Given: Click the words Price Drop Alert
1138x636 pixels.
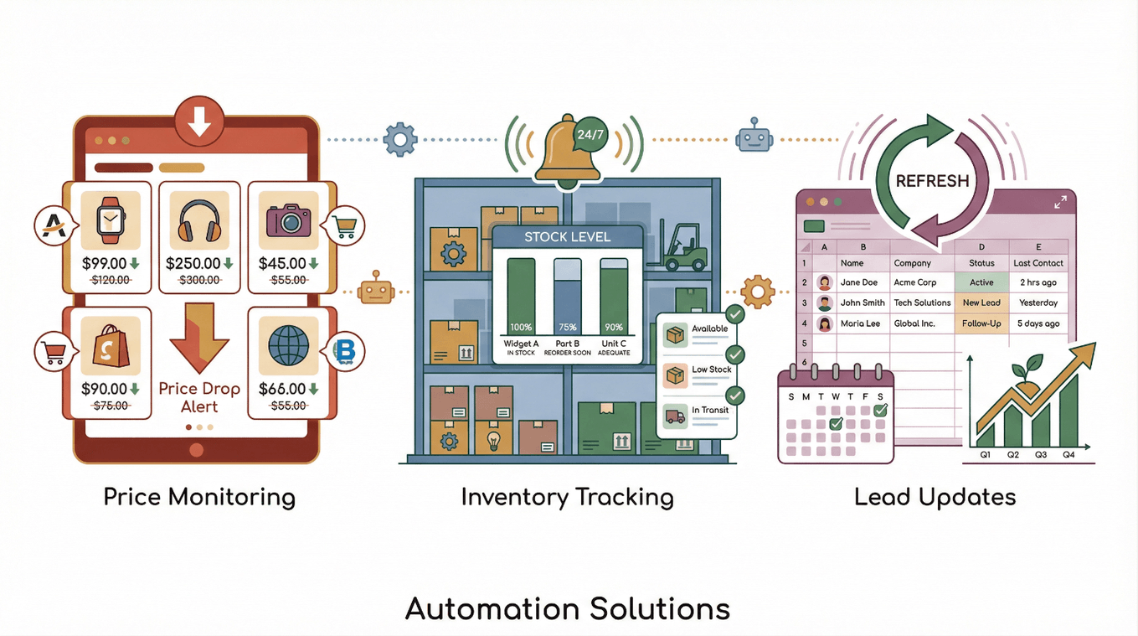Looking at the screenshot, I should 199,398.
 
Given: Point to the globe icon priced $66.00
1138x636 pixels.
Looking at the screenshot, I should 288,345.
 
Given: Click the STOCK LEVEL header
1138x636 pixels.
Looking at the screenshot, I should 567,237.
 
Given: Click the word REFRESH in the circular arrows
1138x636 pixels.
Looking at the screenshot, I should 932,181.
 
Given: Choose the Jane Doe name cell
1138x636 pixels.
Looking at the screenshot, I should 858,282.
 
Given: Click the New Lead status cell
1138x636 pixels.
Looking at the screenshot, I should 981,302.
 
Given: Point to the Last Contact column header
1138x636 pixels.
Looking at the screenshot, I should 1038,263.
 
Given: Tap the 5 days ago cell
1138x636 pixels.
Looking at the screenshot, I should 1038,323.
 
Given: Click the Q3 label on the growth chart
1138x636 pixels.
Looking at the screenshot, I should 1040,455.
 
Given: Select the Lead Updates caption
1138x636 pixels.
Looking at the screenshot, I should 935,497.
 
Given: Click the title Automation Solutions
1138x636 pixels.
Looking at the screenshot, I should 568,609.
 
